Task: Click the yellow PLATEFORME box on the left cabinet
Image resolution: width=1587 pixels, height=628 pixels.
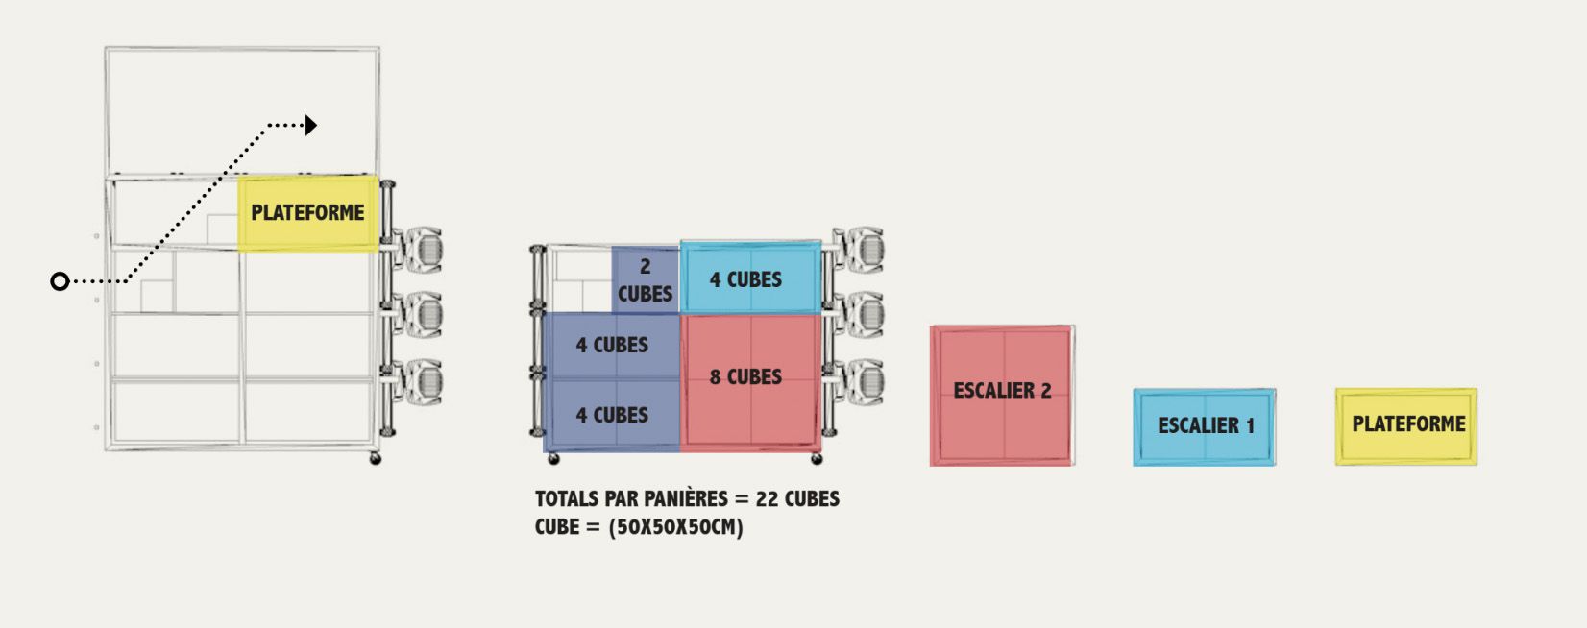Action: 307,213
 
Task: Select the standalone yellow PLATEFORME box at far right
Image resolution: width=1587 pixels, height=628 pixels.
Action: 1406,425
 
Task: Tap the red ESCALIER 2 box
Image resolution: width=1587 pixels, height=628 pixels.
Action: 1002,395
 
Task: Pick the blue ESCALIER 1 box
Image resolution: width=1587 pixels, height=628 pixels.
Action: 1205,426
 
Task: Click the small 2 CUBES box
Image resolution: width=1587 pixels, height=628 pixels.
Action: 645,279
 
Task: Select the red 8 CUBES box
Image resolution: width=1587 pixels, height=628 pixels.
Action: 750,380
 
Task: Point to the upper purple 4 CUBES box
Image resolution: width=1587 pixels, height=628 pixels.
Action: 612,345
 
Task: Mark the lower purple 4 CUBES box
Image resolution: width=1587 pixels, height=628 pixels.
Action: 612,415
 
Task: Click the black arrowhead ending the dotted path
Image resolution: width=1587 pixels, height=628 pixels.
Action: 310,125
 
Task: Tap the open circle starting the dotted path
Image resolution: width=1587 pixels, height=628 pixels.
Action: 60,281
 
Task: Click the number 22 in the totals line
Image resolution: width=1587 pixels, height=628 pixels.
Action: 767,499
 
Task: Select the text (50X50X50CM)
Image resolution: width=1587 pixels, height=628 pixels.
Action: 675,527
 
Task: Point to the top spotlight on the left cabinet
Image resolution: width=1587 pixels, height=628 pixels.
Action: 419,250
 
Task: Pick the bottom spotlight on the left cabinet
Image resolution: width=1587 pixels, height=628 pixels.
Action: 419,382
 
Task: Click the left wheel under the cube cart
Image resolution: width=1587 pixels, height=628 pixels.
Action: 553,459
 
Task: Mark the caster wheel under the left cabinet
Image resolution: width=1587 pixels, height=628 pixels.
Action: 376,459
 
